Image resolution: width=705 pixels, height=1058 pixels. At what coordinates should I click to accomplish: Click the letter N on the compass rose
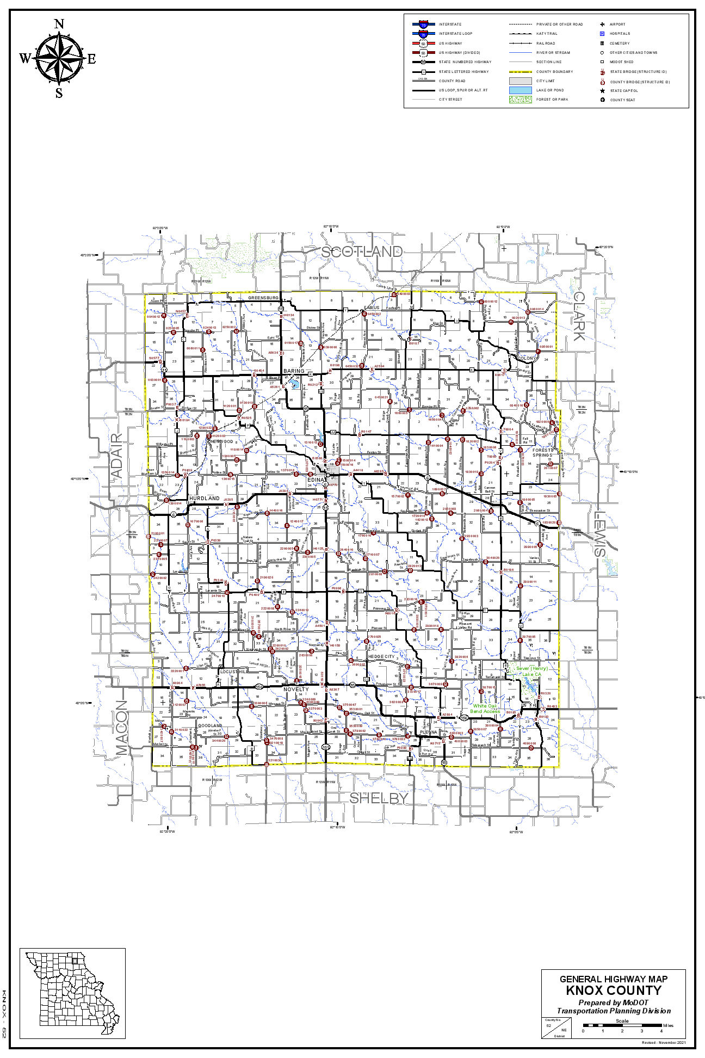click(59, 24)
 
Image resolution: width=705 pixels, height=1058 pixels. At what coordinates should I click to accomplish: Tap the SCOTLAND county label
click(361, 251)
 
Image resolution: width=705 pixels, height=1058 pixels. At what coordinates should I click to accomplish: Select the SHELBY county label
click(379, 798)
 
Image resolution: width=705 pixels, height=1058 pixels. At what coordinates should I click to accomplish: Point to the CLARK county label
click(579, 316)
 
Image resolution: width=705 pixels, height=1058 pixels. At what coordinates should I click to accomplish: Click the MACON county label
click(122, 727)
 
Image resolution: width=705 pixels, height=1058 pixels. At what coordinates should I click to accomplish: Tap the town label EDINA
click(316, 479)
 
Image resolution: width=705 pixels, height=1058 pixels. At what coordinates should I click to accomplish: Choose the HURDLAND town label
click(205, 498)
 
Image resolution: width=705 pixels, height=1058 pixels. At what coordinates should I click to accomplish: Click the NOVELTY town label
click(296, 690)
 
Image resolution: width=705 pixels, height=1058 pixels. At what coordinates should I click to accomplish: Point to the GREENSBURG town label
click(263, 298)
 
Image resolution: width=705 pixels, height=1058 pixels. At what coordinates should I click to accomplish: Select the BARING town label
click(294, 371)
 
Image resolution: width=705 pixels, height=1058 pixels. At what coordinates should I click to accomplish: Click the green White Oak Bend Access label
click(485, 709)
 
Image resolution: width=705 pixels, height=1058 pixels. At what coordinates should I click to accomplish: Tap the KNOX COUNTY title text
click(614, 991)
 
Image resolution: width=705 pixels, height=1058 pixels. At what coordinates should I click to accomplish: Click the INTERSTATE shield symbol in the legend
click(423, 24)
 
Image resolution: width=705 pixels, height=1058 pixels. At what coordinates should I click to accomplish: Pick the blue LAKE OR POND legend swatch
click(520, 90)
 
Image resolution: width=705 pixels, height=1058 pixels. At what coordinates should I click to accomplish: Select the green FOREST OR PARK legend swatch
click(520, 100)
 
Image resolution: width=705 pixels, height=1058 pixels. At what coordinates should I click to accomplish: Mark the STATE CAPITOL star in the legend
click(602, 90)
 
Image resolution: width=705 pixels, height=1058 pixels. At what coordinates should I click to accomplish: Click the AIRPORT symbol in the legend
click(602, 24)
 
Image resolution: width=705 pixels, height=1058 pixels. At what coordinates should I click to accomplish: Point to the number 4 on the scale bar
click(661, 1031)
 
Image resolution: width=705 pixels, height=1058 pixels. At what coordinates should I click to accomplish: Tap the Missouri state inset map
click(72, 994)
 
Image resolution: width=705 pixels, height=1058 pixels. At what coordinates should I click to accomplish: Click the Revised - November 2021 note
click(667, 1043)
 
